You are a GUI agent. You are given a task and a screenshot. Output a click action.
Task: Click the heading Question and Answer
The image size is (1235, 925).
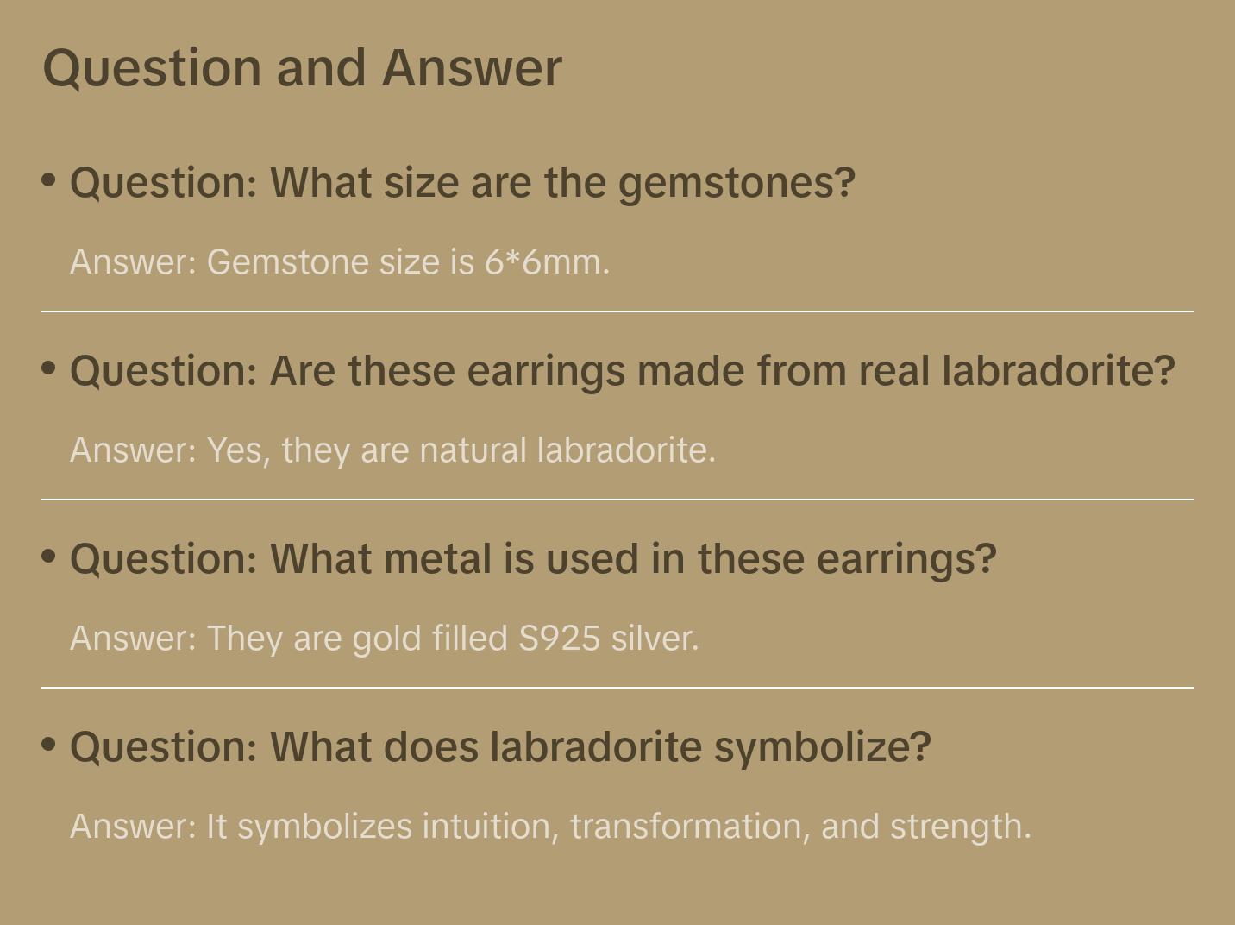[302, 68]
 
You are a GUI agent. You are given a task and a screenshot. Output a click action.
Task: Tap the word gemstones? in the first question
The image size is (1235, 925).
[737, 184]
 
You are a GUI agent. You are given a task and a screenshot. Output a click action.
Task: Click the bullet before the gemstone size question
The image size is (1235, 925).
[49, 180]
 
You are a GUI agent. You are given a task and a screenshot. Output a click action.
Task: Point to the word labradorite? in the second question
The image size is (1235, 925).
[1058, 372]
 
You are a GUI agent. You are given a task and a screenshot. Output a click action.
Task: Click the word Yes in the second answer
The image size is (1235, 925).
[238, 450]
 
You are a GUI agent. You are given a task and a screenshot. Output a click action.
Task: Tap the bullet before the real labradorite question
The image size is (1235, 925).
[49, 368]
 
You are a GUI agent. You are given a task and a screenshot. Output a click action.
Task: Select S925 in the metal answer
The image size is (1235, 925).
[559, 639]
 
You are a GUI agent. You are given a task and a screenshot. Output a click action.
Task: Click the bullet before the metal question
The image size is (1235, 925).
[49, 557]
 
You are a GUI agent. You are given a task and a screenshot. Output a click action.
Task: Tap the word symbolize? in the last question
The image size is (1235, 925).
[823, 747]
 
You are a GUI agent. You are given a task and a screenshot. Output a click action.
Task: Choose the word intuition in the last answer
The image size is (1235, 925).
[490, 827]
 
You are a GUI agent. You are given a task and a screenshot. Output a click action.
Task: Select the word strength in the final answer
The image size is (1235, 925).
[959, 827]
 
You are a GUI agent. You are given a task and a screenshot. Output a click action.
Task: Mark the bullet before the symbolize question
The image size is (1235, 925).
[49, 744]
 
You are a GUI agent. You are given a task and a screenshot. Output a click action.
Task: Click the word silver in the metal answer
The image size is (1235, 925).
[654, 639]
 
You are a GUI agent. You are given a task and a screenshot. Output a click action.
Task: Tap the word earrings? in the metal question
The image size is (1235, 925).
[906, 559]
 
